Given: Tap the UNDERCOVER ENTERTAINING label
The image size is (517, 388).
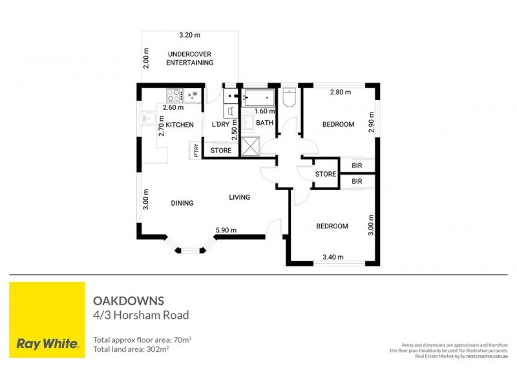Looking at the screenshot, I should [189, 58].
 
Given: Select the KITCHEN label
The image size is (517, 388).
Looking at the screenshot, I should [180, 125].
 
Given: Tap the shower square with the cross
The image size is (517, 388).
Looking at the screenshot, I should [249, 146].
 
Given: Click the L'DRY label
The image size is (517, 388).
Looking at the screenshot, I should [221, 125].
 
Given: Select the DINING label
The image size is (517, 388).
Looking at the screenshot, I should [182, 203].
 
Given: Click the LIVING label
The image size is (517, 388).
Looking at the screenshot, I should [239, 197].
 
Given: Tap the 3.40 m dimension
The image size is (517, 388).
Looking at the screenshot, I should [332, 258].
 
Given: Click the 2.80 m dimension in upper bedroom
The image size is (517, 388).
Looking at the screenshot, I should [340, 92].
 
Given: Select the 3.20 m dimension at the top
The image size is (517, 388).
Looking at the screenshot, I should [189, 36].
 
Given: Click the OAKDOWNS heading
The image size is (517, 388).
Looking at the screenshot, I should [129, 301].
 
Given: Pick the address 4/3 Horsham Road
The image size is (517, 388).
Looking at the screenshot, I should [141, 316].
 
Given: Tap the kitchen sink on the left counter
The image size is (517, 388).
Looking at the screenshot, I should [148, 118].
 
